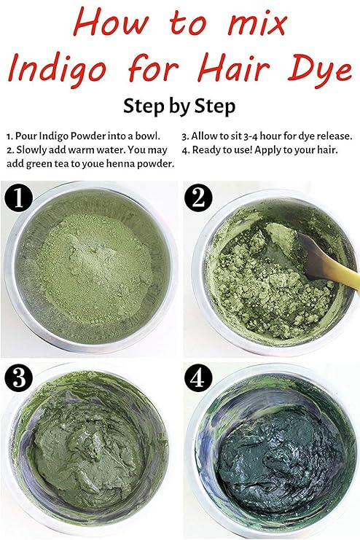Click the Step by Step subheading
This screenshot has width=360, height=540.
click(179, 106)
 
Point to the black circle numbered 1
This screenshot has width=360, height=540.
click(19, 198)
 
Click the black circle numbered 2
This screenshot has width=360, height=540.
click(198, 198)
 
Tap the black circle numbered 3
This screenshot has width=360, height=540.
click(19, 377)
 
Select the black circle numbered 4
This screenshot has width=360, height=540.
click(198, 377)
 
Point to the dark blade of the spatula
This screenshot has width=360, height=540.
click(309, 253)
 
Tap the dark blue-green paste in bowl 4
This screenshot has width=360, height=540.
click(278, 458)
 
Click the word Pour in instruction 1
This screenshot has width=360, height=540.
click(26, 136)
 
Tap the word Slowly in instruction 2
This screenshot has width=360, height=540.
click(28, 150)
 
